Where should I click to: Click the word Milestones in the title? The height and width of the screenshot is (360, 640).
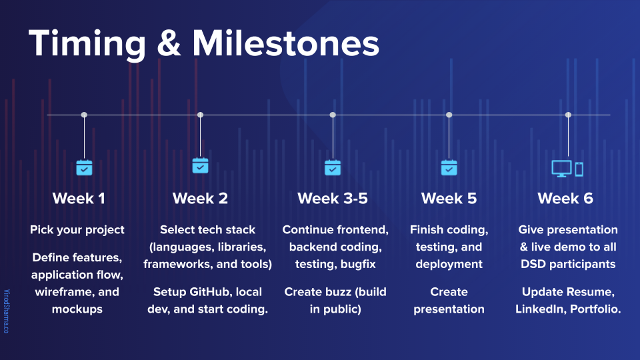pyautogui.click(x=286, y=43)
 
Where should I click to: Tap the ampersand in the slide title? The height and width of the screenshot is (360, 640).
pyautogui.click(x=169, y=43)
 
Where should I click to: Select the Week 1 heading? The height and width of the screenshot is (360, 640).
pyautogui.click(x=79, y=199)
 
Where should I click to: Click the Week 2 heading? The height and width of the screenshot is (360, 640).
pyautogui.click(x=200, y=199)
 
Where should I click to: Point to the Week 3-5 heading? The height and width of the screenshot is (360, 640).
pyautogui.click(x=333, y=199)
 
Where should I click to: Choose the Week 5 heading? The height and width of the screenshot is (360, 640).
pyautogui.click(x=449, y=199)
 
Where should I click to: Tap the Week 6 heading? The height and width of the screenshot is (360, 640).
pyautogui.click(x=565, y=199)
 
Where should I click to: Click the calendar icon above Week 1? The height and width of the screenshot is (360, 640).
pyautogui.click(x=84, y=167)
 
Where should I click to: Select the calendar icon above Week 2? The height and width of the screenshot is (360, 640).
pyautogui.click(x=201, y=165)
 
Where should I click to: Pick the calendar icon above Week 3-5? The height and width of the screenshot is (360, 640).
pyautogui.click(x=333, y=167)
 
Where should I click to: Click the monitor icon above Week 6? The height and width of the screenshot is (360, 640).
pyautogui.click(x=561, y=169)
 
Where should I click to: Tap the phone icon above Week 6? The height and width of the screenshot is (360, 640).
pyautogui.click(x=579, y=169)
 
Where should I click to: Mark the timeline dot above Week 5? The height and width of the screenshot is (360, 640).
pyautogui.click(x=449, y=115)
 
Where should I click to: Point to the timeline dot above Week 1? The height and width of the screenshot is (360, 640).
pyautogui.click(x=84, y=115)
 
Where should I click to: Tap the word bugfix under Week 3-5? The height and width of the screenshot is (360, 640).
pyautogui.click(x=358, y=264)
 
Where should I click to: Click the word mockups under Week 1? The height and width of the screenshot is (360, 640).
pyautogui.click(x=77, y=309)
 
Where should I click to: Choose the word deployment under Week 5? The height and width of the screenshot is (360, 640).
pyautogui.click(x=449, y=264)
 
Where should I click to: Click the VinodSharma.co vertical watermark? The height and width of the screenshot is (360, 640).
pyautogui.click(x=7, y=311)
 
